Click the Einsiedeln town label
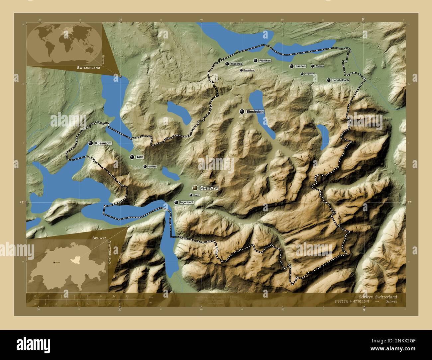pos(255,112)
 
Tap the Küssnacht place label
pos(103,143)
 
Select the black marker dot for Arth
pos(132,157)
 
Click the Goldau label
pos(152,167)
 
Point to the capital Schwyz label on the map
pos(209,188)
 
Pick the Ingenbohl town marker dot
pos(176,202)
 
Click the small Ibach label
pos(196,195)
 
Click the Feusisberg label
pos(249,70)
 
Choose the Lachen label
pos(300,66)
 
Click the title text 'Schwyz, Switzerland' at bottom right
pos(378,297)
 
